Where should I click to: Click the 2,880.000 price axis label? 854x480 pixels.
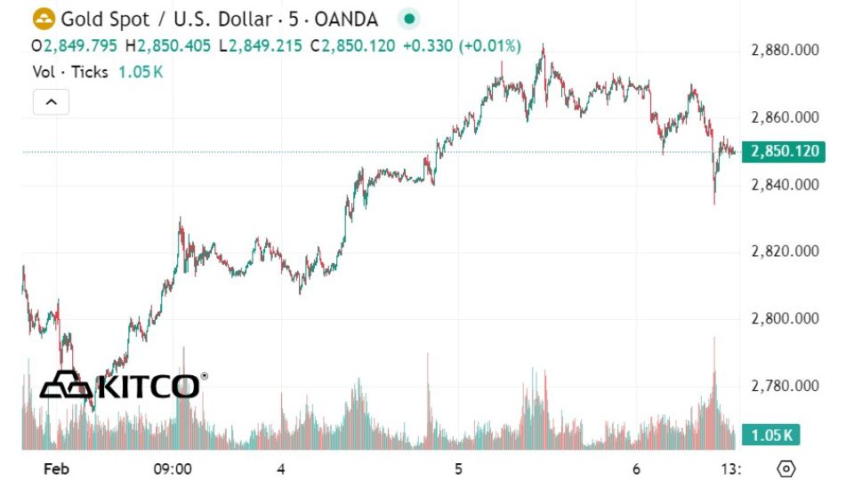click(x=786, y=51)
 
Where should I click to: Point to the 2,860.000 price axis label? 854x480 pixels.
click(x=786, y=117)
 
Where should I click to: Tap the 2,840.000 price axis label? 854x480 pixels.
click(x=786, y=185)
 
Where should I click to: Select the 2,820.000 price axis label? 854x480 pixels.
click(x=786, y=252)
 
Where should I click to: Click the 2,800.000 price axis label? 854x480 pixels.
click(x=786, y=318)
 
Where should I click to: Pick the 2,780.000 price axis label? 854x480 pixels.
click(x=786, y=386)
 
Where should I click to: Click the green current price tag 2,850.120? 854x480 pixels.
click(x=786, y=152)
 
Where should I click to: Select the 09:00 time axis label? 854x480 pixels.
click(x=173, y=468)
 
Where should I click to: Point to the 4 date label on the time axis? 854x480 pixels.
click(x=280, y=468)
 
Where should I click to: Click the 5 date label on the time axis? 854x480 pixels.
click(x=458, y=468)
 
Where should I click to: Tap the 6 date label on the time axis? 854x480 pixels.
click(x=637, y=468)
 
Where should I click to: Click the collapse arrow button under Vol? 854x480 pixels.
click(x=51, y=102)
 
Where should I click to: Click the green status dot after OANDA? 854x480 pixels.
click(x=408, y=19)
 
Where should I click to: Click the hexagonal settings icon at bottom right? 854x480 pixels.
click(x=786, y=468)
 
